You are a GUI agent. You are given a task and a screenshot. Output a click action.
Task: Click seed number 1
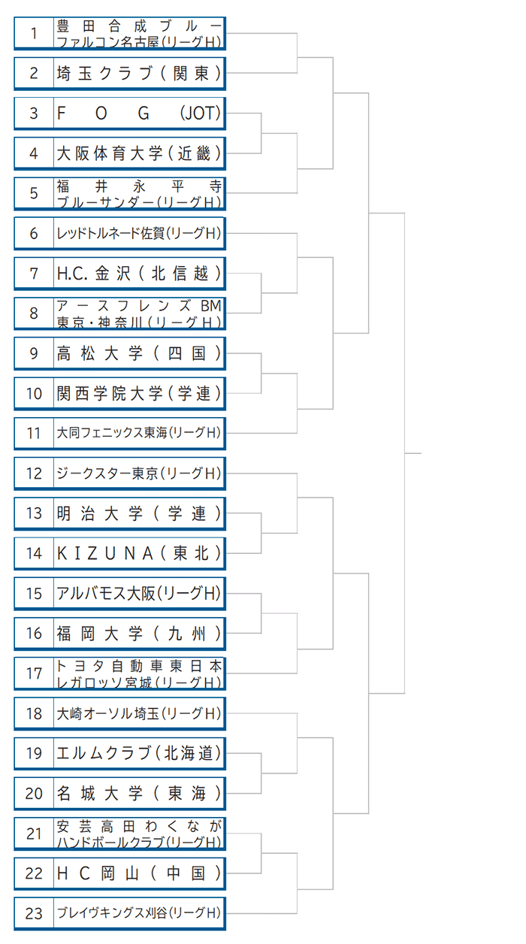coord(34,33)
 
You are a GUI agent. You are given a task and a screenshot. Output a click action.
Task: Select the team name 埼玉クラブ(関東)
coord(139,73)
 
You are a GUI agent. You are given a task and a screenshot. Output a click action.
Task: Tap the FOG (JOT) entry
coord(139,113)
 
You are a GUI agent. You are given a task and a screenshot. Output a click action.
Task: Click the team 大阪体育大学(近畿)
coord(139,153)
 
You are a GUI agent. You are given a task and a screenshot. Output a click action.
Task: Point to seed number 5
coord(34,193)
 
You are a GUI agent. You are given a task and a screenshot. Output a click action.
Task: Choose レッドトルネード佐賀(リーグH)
coord(139,233)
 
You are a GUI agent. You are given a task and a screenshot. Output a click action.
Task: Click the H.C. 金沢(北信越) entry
coord(139,274)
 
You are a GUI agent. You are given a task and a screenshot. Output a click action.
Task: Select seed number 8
coord(34,313)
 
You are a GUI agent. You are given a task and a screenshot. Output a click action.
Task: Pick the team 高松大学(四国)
coord(139,353)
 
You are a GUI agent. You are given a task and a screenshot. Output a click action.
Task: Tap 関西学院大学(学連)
coord(139,393)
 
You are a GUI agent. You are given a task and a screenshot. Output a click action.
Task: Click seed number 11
coord(34,433)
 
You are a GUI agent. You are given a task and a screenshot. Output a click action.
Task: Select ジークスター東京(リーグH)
coord(139,474)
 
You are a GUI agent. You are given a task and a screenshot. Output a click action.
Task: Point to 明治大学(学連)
coord(139,513)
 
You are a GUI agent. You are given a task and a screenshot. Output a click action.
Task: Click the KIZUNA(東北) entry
coord(139,553)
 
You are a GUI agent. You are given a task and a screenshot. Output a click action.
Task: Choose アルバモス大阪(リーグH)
coord(139,593)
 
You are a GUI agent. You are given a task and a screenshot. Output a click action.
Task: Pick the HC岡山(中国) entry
coord(139,873)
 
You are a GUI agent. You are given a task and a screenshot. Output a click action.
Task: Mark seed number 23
coord(34,913)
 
